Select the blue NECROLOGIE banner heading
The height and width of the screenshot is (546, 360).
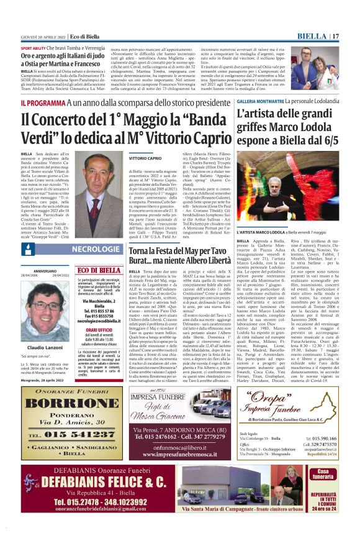click(96, 249)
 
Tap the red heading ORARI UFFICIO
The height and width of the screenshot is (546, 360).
click(100, 330)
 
